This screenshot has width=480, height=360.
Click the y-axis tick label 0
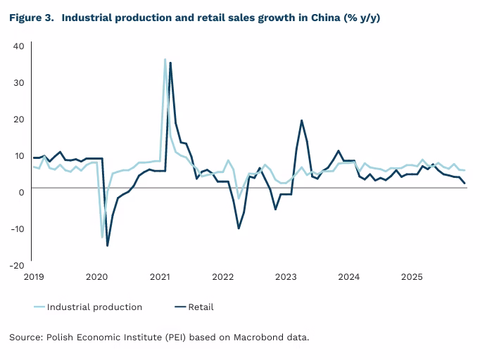pyautogui.click(x=21, y=192)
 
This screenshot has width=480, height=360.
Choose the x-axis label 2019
pyautogui.click(x=33, y=277)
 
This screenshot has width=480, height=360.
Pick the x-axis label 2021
pyautogui.click(x=160, y=277)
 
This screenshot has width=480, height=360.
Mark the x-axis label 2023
pyautogui.click(x=286, y=277)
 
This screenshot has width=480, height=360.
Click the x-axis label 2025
pyautogui.click(x=412, y=277)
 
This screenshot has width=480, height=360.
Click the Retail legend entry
pyautogui.click(x=201, y=307)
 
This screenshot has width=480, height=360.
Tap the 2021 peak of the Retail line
pyautogui.click(x=170, y=63)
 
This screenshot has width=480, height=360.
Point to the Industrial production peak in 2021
pyautogui.click(x=165, y=59)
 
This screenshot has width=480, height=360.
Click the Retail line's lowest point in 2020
pyautogui.click(x=107, y=245)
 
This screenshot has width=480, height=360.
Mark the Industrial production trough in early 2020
pyautogui.click(x=102, y=237)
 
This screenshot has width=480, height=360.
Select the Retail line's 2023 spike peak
pyautogui.click(x=301, y=120)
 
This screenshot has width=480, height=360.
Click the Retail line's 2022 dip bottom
pyautogui.click(x=239, y=229)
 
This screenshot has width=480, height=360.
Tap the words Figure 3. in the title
pyautogui.click(x=32, y=18)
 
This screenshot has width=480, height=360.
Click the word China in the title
pyautogui.click(x=323, y=18)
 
